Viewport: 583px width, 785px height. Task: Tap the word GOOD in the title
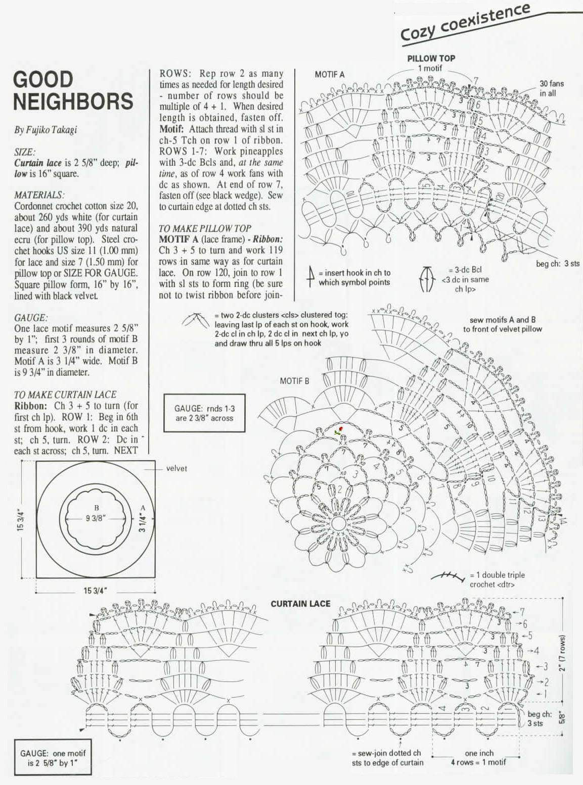tap(43, 80)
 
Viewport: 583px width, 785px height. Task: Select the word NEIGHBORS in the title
tap(73, 101)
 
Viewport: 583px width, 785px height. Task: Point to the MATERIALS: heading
tap(39, 195)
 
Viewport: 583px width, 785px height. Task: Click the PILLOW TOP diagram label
tap(431, 58)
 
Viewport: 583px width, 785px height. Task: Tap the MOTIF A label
tap(329, 74)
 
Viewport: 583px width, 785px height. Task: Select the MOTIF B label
tap(294, 381)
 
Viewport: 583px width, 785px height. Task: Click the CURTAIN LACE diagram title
tap(300, 604)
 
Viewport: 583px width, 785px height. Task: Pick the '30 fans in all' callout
tap(551, 88)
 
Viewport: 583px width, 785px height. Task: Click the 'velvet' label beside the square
tap(176, 469)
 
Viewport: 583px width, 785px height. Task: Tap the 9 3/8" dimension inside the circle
tap(96, 518)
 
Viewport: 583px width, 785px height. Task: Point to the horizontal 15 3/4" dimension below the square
tap(95, 591)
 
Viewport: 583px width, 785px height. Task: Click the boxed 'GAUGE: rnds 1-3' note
tap(204, 413)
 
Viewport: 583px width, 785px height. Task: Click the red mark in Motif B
tap(341, 429)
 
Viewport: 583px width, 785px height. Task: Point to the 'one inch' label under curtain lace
tap(479, 753)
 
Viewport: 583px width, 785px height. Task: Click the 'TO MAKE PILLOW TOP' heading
tap(204, 228)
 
